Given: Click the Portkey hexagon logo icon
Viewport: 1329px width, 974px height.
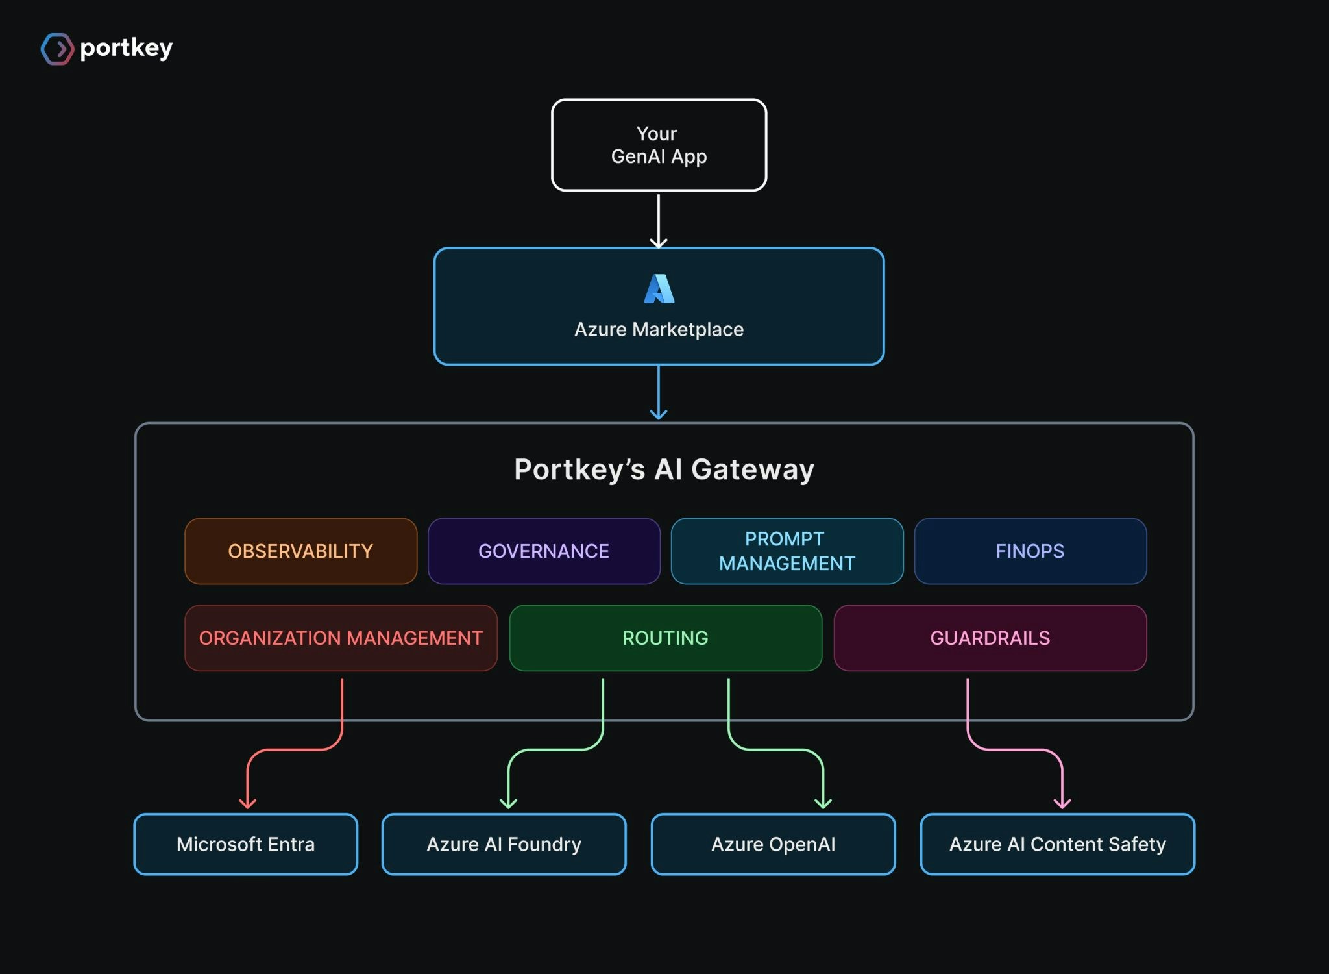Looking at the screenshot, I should click(57, 49).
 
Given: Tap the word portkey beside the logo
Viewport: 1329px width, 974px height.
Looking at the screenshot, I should click(127, 49).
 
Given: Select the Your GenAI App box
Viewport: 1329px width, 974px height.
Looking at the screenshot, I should click(659, 145).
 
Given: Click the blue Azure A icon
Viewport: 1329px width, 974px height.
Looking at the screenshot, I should click(659, 289).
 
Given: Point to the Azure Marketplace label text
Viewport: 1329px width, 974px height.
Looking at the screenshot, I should click(659, 329).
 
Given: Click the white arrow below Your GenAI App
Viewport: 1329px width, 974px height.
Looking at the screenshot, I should click(659, 221).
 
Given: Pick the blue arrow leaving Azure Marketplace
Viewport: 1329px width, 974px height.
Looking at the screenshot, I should click(659, 393).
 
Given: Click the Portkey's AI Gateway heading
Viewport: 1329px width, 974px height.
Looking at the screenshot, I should click(664, 469).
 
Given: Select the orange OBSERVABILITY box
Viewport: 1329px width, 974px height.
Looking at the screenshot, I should click(300, 551).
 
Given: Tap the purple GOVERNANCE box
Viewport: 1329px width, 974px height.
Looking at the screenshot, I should click(544, 551).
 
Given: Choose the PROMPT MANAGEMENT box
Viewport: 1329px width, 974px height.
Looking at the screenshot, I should click(787, 551).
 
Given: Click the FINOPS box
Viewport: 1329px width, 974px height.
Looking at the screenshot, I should click(1030, 551).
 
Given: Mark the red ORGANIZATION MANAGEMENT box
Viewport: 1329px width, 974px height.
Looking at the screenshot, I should click(341, 638).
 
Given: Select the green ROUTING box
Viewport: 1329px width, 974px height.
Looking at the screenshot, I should click(665, 638).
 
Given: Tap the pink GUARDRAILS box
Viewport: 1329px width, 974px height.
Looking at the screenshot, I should click(990, 638).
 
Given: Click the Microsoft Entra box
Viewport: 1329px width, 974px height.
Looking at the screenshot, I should click(245, 844).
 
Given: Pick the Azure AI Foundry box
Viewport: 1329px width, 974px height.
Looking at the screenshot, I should click(504, 844).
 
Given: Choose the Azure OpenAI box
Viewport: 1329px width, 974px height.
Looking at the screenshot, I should click(773, 844).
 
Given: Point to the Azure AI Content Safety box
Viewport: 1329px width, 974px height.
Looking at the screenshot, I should click(1057, 844).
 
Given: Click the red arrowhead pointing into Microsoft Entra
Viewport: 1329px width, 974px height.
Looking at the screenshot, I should click(247, 804).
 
